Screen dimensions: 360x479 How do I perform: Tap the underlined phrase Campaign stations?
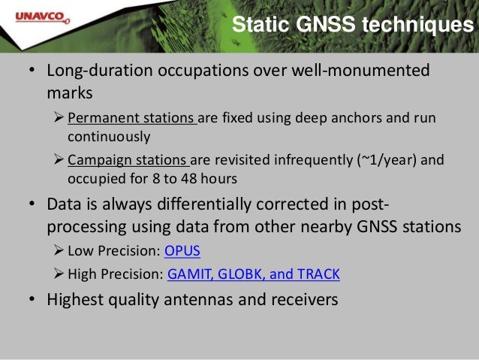[x=130, y=159]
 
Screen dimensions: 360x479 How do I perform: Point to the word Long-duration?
[x=99, y=72]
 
